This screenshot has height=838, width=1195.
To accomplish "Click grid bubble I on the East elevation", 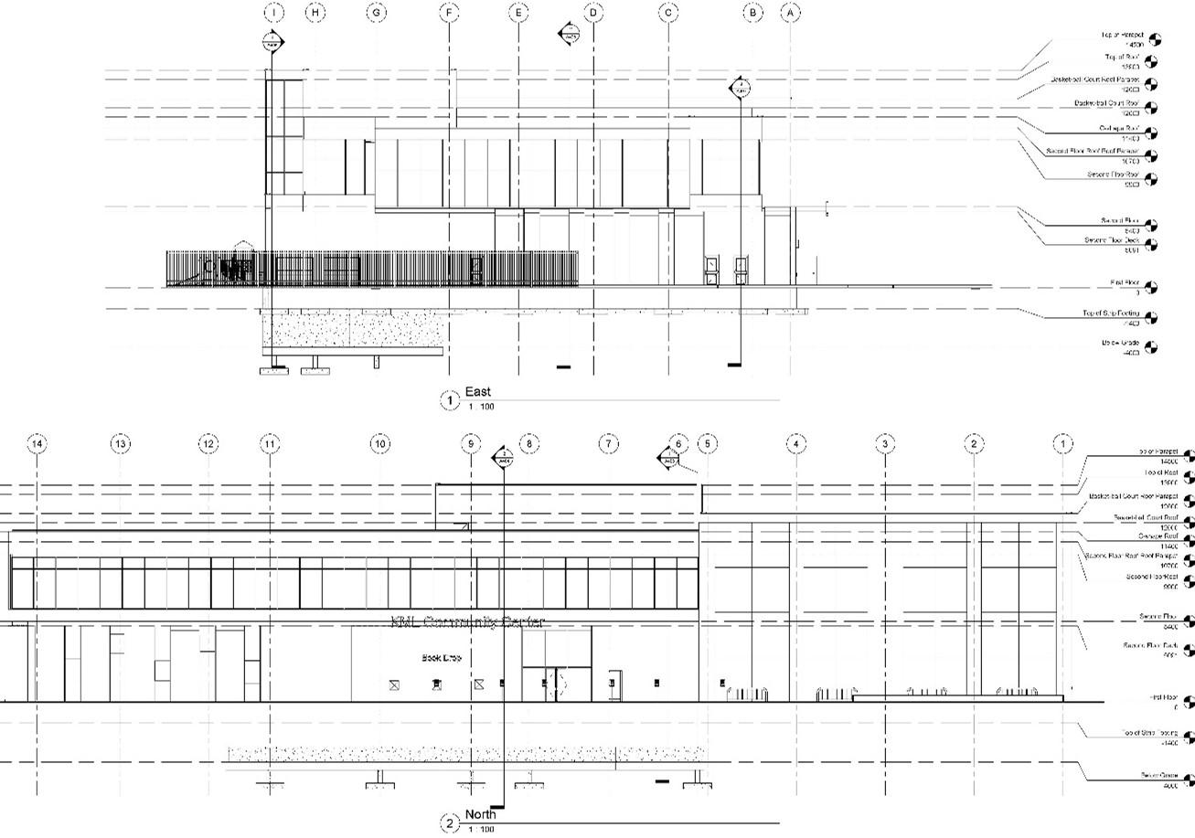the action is (273, 13).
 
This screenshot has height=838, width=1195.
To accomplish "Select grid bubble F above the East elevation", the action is (449, 13).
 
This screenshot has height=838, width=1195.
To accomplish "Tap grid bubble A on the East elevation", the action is (791, 13).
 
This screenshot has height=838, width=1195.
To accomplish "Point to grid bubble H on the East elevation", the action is (315, 13).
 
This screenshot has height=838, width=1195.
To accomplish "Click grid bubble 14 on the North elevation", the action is (37, 444).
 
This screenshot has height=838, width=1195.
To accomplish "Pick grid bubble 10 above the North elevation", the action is (379, 444).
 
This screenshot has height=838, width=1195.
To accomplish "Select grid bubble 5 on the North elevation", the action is (708, 444).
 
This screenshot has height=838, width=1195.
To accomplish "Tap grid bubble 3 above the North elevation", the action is (885, 444).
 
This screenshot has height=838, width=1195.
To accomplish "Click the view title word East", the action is (478, 393).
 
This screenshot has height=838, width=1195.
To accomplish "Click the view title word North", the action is (481, 814).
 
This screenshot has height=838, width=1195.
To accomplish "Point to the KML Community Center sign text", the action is (467, 622).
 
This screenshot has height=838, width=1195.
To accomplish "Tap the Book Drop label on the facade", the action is (441, 657).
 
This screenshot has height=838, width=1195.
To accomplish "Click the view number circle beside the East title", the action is (449, 399).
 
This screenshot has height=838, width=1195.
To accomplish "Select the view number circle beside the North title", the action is (449, 823).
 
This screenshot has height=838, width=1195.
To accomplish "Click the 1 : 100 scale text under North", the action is (480, 829).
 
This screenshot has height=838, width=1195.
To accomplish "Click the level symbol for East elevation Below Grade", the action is (1151, 347).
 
